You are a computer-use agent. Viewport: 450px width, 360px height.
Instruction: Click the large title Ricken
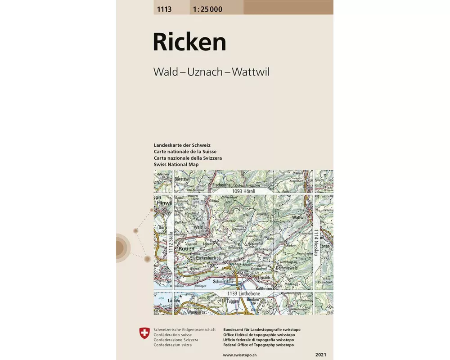(x=189, y=42)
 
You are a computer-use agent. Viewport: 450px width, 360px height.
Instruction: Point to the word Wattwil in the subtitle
(x=250, y=72)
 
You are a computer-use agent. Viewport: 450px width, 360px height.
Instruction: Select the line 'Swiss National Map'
(x=176, y=165)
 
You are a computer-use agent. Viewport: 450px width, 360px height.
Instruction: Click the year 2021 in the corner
(x=321, y=355)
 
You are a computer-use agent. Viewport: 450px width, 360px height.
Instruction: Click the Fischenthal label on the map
(x=223, y=184)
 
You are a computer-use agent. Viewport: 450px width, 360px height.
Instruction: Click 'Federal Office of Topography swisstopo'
(x=258, y=345)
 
